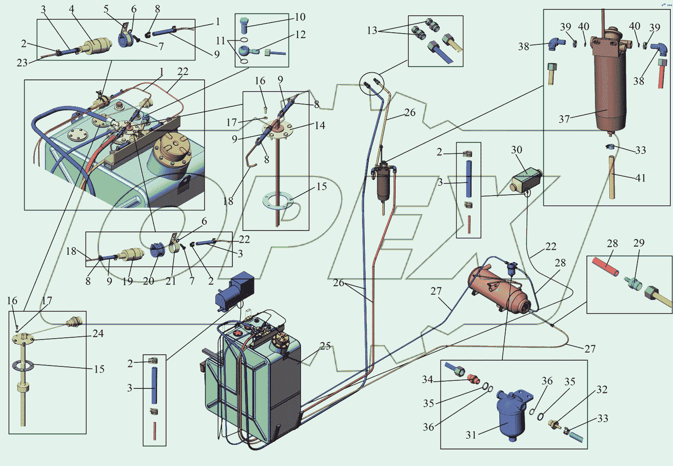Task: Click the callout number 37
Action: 564,119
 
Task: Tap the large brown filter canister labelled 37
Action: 610,81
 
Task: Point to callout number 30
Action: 516,149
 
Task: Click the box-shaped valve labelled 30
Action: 526,181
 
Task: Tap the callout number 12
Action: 300,35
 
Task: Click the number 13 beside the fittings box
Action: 372,30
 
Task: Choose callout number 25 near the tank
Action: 325,346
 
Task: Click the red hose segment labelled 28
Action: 605,266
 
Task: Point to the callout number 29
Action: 639,243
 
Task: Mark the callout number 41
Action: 640,178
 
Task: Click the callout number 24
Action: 98,333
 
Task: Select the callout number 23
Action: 22,63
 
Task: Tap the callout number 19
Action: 127,281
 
